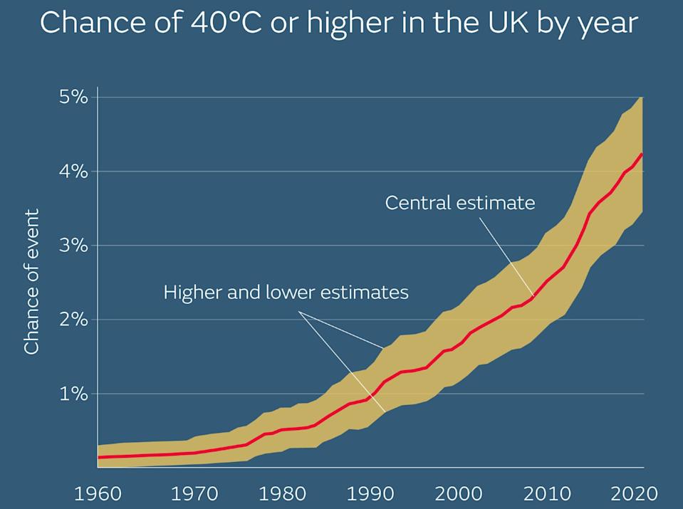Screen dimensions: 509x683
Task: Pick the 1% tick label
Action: pyautogui.click(x=73, y=394)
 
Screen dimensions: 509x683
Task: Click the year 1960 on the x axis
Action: pyautogui.click(x=97, y=493)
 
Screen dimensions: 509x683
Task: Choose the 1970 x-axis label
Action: pyautogui.click(x=187, y=493)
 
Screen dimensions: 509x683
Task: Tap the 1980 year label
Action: pyautogui.click(x=278, y=493)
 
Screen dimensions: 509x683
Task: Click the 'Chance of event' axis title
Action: pyautogui.click(x=32, y=281)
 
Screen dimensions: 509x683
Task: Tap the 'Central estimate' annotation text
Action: pyautogui.click(x=459, y=203)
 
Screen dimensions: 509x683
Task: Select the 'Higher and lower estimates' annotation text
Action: pyautogui.click(x=286, y=292)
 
